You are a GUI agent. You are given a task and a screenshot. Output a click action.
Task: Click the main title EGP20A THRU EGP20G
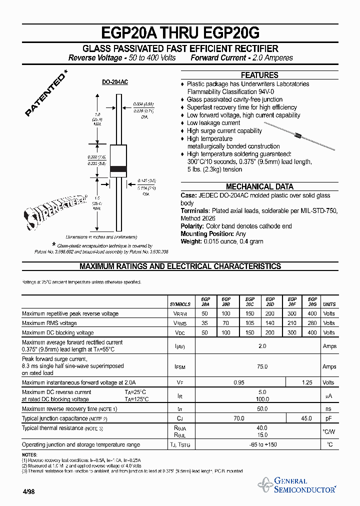pyautogui.click(x=180, y=33)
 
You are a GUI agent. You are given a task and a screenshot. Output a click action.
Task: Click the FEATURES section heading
pyautogui.click(x=259, y=75)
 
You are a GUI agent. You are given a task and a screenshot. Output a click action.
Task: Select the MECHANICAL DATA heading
pyautogui.click(x=259, y=186)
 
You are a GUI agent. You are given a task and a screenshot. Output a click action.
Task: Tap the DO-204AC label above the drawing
pyautogui.click(x=115, y=81)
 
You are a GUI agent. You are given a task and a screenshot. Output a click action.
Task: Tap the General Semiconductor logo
pyautogui.click(x=298, y=485)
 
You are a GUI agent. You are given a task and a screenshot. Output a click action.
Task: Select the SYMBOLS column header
pyautogui.click(x=180, y=304)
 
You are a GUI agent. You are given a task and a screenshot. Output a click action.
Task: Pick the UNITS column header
pyautogui.click(x=329, y=304)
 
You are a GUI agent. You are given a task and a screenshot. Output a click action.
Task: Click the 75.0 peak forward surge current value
pyautogui.click(x=262, y=366)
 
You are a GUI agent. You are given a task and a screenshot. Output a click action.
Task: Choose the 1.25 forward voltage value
pyautogui.click(x=307, y=382)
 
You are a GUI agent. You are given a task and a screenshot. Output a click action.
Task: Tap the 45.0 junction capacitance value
pyautogui.click(x=307, y=418)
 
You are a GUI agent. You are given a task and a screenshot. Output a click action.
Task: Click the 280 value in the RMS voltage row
pyautogui.click(x=312, y=323)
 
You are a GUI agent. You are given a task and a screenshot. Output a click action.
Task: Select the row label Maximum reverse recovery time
pyautogui.click(x=69, y=409)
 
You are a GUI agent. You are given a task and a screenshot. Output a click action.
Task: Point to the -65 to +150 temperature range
pyautogui.click(x=262, y=444)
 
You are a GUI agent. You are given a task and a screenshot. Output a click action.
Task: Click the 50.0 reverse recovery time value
pyautogui.click(x=262, y=409)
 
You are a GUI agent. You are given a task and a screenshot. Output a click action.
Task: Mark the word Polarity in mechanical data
pyautogui.click(x=192, y=226)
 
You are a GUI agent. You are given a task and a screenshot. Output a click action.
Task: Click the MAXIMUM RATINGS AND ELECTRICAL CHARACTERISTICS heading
pyautogui.click(x=180, y=266)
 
